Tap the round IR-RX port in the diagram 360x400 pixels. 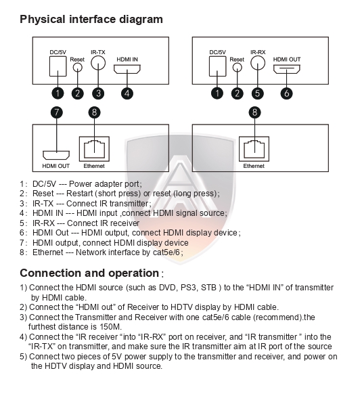[257, 64]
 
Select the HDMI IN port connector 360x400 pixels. [127, 70]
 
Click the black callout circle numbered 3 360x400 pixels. [99, 93]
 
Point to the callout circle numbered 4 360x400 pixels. [127, 93]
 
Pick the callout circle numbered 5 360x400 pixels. [257, 93]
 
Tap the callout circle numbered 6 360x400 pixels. [286, 93]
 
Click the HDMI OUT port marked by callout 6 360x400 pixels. [286, 70]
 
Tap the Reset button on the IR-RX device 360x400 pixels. [236, 69]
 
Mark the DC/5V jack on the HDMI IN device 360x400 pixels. [58, 67]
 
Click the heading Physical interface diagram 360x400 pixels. [91, 19]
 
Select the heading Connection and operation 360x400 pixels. [89, 273]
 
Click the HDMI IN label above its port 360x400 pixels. [127, 59]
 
